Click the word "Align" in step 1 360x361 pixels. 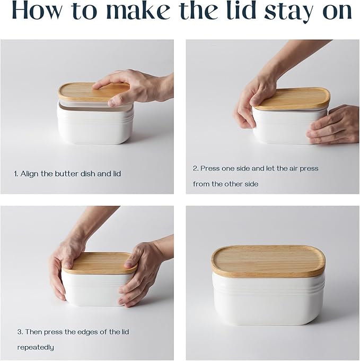30,174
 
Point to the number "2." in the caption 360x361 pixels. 196,168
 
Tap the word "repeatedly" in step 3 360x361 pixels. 36,348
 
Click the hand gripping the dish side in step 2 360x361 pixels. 334,125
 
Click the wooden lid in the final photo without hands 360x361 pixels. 268,260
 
